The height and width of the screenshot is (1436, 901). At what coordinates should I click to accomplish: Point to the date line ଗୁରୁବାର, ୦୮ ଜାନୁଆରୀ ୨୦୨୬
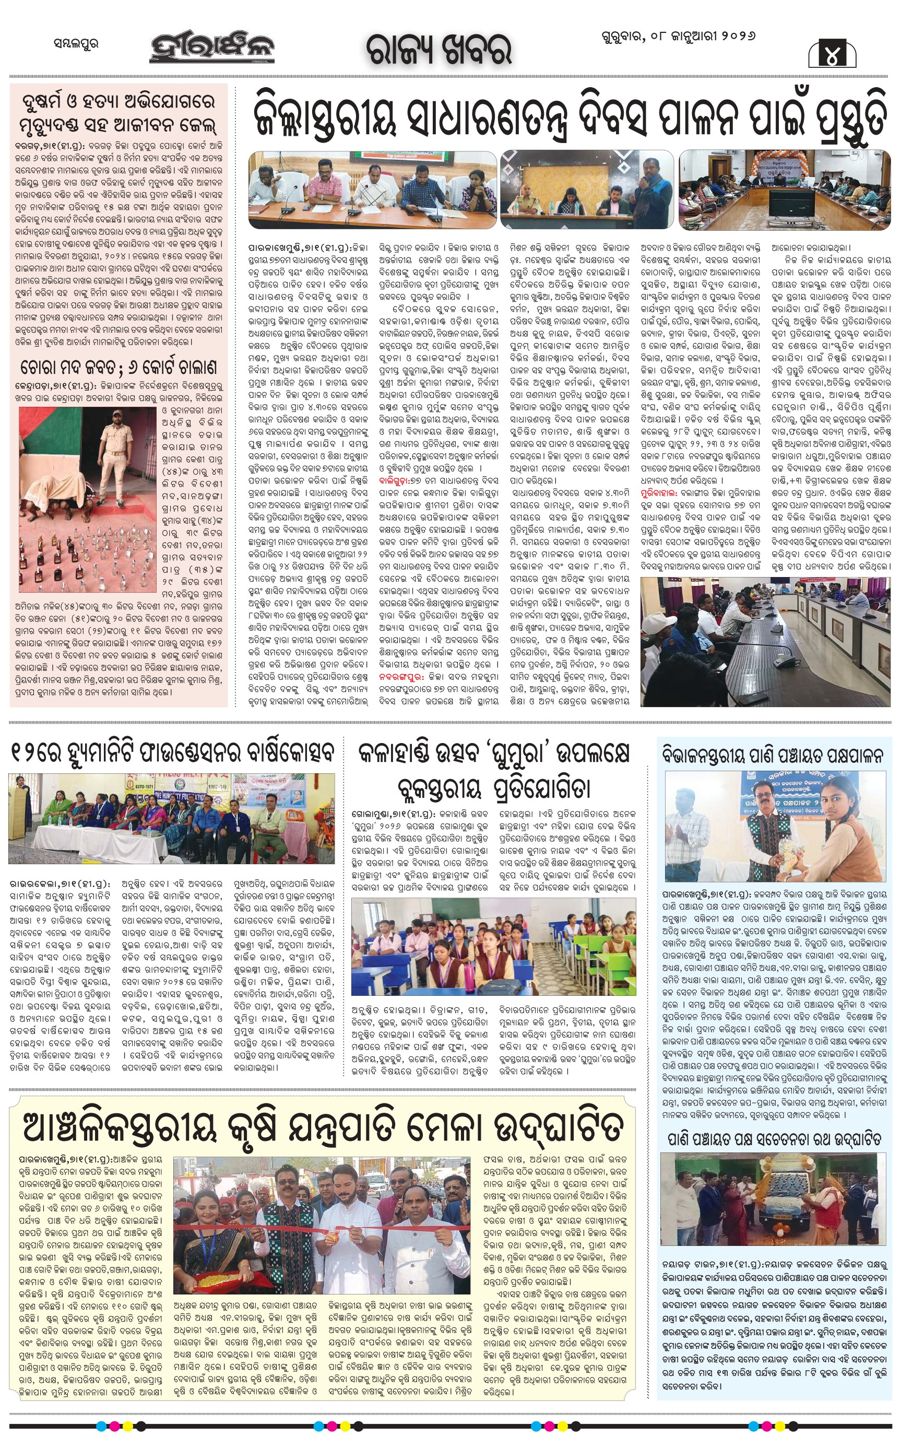coord(678,37)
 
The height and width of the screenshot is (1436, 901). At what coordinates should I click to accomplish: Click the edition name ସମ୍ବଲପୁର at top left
coord(76,43)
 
